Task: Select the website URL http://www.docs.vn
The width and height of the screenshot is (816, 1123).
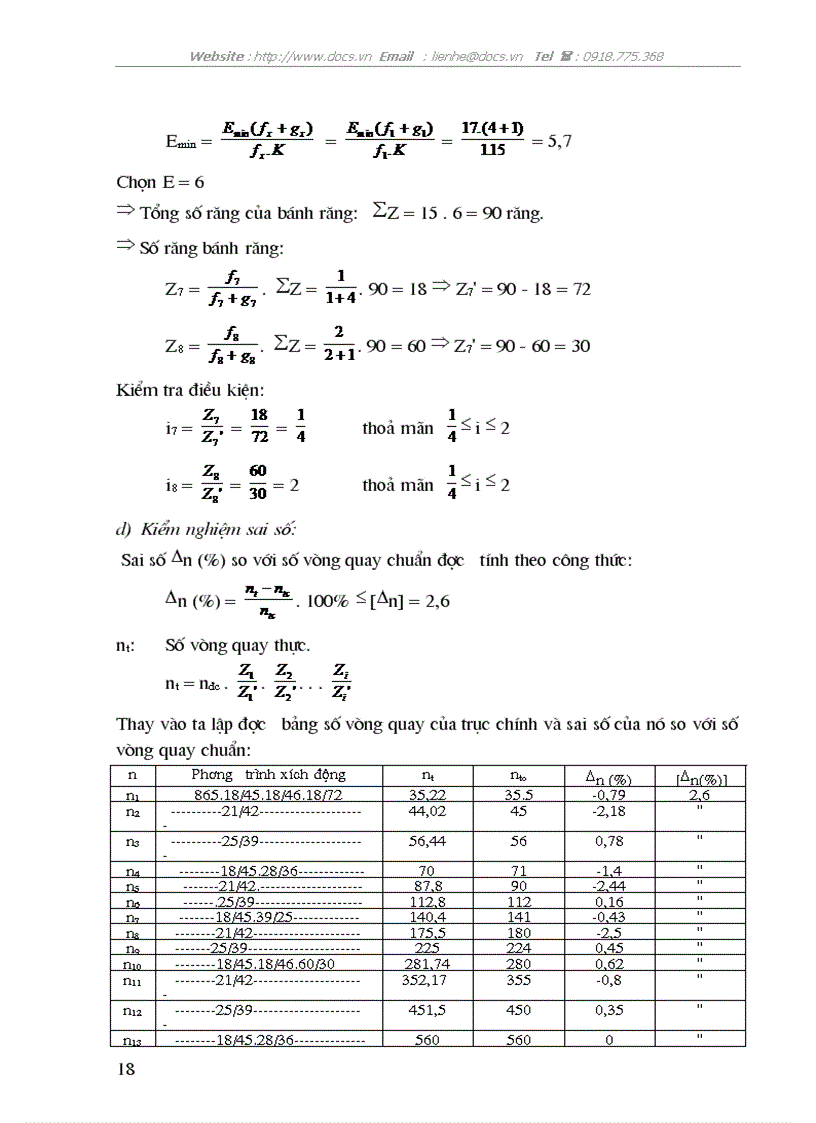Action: (312, 57)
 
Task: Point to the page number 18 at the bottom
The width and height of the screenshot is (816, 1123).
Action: (126, 1069)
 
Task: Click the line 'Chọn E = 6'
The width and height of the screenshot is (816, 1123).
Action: (161, 183)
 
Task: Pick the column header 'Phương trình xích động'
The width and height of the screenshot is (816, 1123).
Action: (268, 774)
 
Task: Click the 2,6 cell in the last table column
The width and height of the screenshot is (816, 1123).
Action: (700, 795)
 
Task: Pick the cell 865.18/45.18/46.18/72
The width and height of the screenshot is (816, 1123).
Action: (268, 795)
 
